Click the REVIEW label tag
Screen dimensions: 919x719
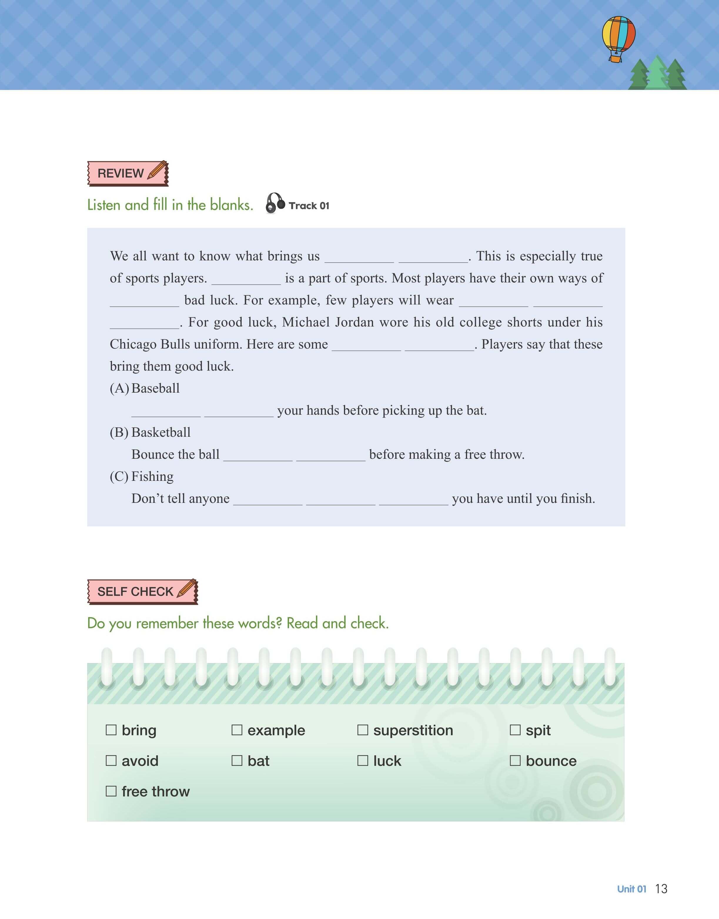coord(128,173)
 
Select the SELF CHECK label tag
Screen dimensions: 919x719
coord(142,591)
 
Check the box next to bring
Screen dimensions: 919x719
coord(111,730)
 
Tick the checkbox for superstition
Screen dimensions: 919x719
coord(362,730)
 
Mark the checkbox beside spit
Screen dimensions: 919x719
coord(515,730)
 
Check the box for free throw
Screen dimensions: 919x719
coord(111,791)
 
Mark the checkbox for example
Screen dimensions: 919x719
coord(237,730)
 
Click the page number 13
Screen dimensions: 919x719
coord(661,889)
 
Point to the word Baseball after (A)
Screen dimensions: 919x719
coord(155,388)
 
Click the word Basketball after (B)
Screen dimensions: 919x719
coord(161,432)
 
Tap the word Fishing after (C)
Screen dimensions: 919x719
coord(152,476)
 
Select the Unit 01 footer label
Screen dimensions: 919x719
coord(631,889)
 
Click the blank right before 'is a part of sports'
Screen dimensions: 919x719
coord(246,279)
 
